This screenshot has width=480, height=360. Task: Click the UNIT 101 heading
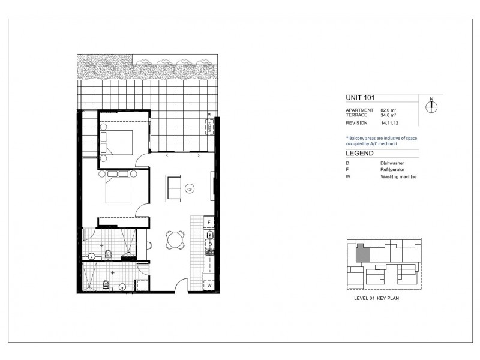click(362, 97)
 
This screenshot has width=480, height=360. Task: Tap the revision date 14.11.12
click(391, 123)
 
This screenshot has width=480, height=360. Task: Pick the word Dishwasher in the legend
click(391, 163)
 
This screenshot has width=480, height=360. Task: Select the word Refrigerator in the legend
click(392, 170)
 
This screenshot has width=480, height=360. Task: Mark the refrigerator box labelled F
click(209, 223)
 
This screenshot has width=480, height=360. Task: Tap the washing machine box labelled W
click(209, 286)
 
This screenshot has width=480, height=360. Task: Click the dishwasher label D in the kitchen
click(210, 244)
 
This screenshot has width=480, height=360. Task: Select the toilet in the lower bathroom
click(105, 283)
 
